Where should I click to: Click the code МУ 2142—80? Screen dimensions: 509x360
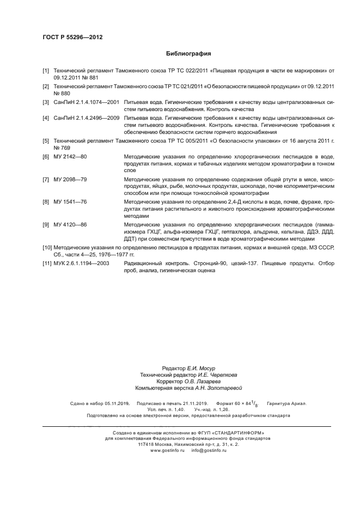[70, 157]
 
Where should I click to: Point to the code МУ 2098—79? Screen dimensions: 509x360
[70, 179]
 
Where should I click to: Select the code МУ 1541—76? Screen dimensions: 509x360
[70, 201]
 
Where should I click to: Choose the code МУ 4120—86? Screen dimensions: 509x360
[70, 224]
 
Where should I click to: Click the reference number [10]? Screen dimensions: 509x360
[47, 247]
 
